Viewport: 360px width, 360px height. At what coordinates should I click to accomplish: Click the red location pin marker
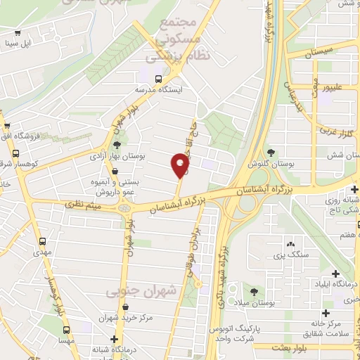[180, 165]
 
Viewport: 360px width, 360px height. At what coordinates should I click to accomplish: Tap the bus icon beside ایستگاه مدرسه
[159, 78]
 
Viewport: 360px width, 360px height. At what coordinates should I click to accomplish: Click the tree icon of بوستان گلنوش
[271, 153]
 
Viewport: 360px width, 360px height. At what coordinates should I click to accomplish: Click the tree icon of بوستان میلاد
[252, 291]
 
